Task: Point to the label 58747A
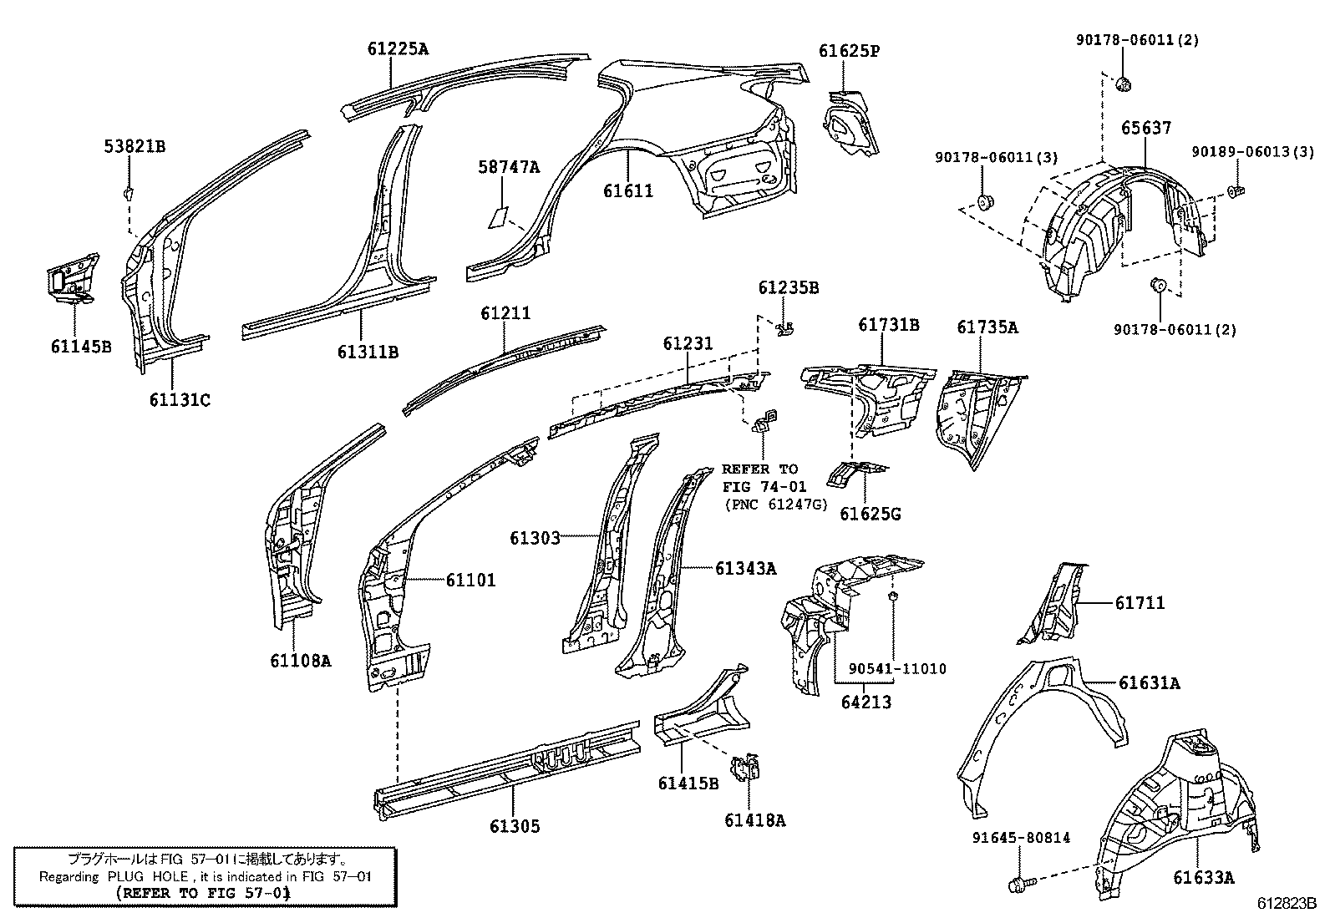click(x=509, y=168)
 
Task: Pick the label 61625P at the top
click(x=849, y=51)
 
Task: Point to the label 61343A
click(x=745, y=569)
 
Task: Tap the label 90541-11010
click(x=897, y=668)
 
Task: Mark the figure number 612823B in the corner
click(x=1287, y=904)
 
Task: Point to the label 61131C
click(x=180, y=400)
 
